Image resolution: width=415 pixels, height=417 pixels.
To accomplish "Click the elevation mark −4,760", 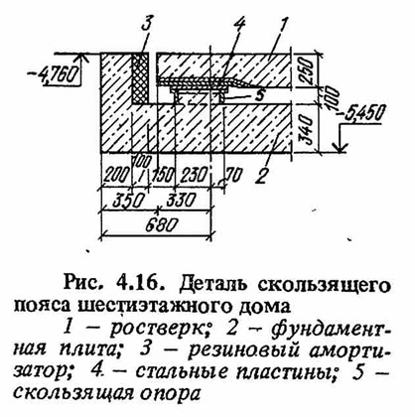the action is click(54, 75).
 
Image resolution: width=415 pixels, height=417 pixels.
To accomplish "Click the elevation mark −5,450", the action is click(363, 113).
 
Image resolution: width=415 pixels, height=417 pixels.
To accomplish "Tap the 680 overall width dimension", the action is click(158, 224).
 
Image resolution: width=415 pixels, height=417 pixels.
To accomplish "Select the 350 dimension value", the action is click(128, 200).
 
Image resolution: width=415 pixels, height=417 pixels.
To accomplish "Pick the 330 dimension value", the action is click(181, 200).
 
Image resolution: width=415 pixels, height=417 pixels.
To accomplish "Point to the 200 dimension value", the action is click(116, 175).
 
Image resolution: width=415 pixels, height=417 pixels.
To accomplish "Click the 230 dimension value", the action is click(193, 175).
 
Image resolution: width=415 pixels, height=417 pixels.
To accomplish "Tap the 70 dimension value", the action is click(234, 175).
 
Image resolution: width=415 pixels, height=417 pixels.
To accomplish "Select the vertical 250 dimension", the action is click(304, 70).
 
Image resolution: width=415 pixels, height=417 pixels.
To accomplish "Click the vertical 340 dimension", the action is click(305, 129).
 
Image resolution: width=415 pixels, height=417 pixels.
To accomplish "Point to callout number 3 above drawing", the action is click(147, 24).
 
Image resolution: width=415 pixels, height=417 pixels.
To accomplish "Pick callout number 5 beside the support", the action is click(259, 95).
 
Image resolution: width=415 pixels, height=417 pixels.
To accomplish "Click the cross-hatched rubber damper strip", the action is click(140, 77).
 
